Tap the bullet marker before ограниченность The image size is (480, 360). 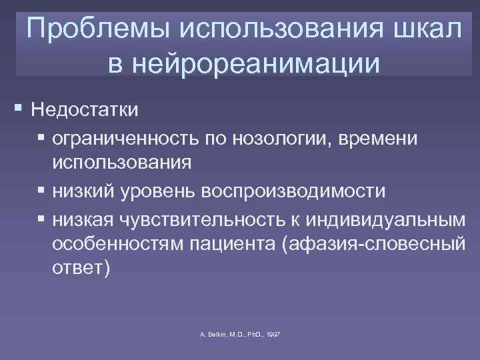tap(42, 138)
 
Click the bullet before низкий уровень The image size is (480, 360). tap(42, 191)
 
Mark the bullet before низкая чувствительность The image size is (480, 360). tap(42, 218)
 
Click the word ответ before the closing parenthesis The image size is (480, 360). tap(74, 270)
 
